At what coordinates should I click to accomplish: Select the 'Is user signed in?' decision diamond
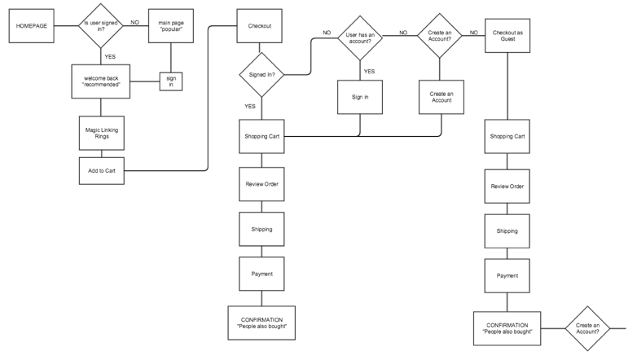(101, 26)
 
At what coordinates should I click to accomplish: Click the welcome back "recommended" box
(101, 80)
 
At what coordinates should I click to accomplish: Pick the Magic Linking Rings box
(101, 133)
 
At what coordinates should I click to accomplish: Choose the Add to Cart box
(101, 170)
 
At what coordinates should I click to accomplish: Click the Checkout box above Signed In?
(260, 26)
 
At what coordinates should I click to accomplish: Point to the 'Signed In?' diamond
(261, 75)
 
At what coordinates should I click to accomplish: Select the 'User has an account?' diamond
(359, 37)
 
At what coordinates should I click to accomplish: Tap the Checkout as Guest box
(509, 37)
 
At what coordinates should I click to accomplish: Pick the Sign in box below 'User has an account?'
(359, 97)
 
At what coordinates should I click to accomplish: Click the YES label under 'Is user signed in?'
(109, 56)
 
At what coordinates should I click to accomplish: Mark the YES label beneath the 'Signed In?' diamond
(250, 107)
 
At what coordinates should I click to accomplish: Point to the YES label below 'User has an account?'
(369, 71)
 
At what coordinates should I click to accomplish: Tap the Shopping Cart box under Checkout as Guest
(507, 136)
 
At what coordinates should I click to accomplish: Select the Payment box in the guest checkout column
(507, 275)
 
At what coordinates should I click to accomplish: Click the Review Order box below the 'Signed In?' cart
(261, 184)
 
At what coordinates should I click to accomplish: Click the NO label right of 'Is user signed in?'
(134, 22)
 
